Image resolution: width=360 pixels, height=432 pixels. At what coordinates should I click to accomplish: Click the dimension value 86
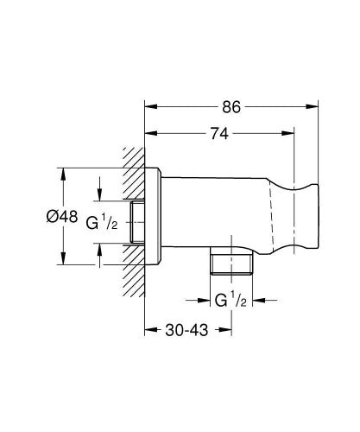coord(231,107)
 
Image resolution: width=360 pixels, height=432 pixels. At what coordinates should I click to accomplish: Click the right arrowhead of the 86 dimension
coord(313,107)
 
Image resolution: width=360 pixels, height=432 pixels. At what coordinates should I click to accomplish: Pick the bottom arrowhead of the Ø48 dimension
coord(62,261)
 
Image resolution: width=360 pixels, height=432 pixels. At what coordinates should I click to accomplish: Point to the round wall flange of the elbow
coord(153,217)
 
